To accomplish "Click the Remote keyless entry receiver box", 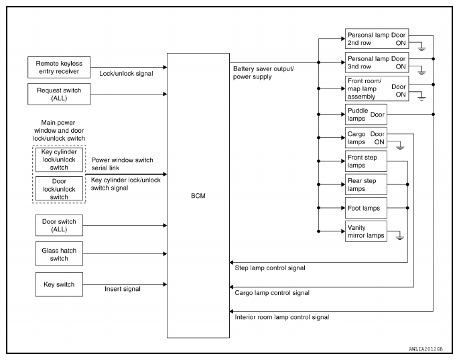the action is pos(59,67).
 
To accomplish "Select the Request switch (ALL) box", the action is pos(59,94).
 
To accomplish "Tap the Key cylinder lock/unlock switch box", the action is pos(59,160).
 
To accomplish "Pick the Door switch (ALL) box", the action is pos(59,225).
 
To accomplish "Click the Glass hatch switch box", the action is pos(59,253).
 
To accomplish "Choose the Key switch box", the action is pos(59,284).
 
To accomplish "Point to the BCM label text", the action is pos(198,196).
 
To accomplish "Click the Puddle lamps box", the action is pos(366,114).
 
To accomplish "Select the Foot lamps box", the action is pos(366,208).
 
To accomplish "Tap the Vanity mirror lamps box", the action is pos(366,231).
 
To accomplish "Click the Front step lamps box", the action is pos(366,161).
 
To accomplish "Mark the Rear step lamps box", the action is pos(366,184).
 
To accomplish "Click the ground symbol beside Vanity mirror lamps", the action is pos(400,237).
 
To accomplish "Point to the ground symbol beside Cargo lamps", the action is pos(400,147).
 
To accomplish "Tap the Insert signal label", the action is pos(123,289).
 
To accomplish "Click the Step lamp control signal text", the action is pos(270,268).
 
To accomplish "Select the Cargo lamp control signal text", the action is pos(272,293).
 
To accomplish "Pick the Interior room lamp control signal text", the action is pos(282,317).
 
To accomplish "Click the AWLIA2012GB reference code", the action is pos(425,349).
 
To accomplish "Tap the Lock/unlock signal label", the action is pos(126,74).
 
